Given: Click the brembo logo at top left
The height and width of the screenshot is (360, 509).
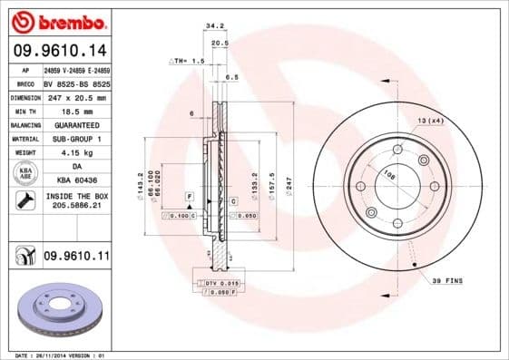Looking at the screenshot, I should click(55, 21).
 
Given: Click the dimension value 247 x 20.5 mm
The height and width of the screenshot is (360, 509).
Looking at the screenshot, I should click(76, 96).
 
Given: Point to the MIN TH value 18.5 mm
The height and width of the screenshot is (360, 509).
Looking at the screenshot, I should click(76, 110).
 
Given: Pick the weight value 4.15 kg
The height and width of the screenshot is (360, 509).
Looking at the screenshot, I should click(76, 152).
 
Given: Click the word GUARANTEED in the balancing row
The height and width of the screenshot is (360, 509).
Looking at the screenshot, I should click(76, 124).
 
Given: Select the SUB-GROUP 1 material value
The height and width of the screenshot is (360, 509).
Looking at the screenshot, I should click(76, 139).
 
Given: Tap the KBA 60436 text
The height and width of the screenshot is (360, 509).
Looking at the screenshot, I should click(76, 180).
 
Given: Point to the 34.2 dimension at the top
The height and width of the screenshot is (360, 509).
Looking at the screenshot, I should click(214, 26).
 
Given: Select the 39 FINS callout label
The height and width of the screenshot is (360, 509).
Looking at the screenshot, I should click(446, 281).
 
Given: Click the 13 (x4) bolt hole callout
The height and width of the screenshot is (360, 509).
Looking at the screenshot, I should click(430, 120).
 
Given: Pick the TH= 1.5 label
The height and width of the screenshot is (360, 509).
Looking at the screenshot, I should click(189, 60).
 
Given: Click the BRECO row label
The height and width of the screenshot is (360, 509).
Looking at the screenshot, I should click(24, 83).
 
